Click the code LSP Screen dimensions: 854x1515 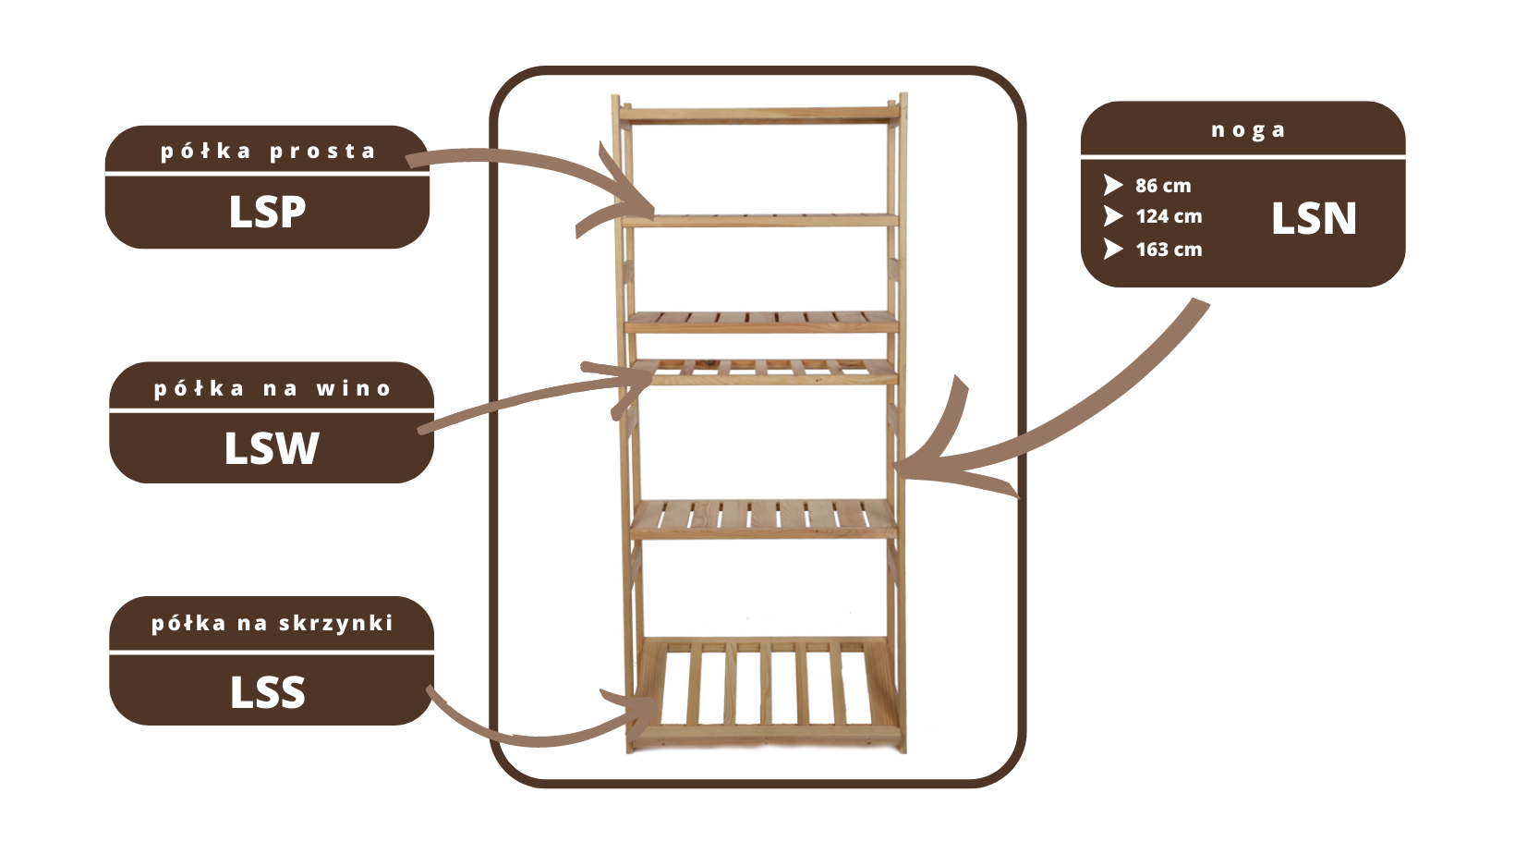(x=267, y=212)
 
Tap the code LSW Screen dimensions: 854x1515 (x=272, y=448)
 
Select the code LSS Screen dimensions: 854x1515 (x=267, y=692)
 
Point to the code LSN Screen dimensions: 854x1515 (x=1314, y=219)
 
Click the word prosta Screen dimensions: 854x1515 (x=322, y=152)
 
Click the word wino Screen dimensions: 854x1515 (x=354, y=389)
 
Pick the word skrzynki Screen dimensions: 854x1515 (x=336, y=624)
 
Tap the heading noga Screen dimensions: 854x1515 (x=1248, y=130)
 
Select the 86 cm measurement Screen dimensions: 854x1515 (x=1163, y=186)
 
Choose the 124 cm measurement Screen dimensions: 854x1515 (x=1169, y=216)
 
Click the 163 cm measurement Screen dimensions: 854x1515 (x=1169, y=250)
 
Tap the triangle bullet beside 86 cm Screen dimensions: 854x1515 (x=1112, y=186)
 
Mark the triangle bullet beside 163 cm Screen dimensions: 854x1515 (x=1112, y=250)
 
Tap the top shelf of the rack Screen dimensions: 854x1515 (x=757, y=114)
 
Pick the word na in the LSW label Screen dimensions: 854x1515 (x=280, y=389)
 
